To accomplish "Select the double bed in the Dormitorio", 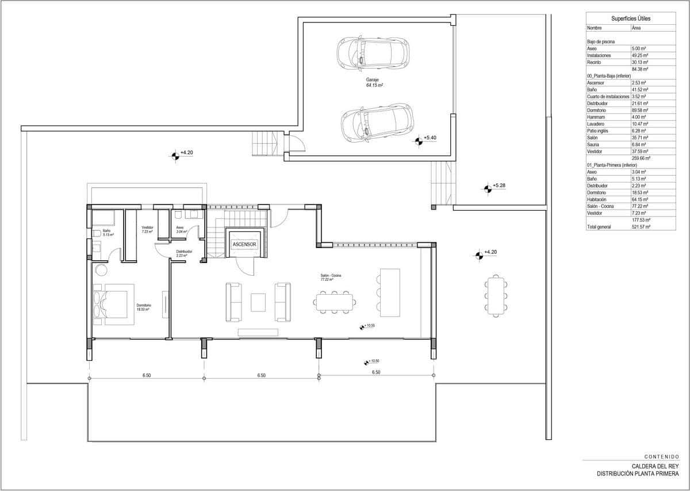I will click(x=113, y=304).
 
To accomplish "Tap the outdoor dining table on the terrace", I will click(x=495, y=296).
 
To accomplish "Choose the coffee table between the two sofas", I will click(x=258, y=302).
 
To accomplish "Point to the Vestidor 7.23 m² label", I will click(x=147, y=230).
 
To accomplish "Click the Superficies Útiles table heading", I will click(x=631, y=19).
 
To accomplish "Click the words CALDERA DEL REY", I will click(x=655, y=466).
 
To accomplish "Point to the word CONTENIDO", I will click(x=662, y=456).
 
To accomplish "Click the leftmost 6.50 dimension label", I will click(x=147, y=375).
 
